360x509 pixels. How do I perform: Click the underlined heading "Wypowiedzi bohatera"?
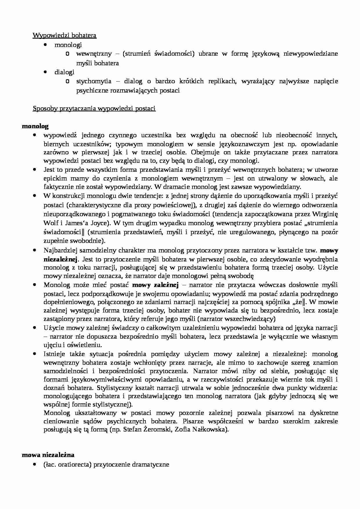[64, 35]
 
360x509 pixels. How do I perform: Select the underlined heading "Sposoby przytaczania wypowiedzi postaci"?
[94, 109]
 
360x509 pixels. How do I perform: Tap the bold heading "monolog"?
[35, 126]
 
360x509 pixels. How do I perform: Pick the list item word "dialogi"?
[64, 72]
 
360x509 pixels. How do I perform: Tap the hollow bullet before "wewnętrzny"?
[67, 54]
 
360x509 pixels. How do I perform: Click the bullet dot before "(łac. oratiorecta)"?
[35, 464]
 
